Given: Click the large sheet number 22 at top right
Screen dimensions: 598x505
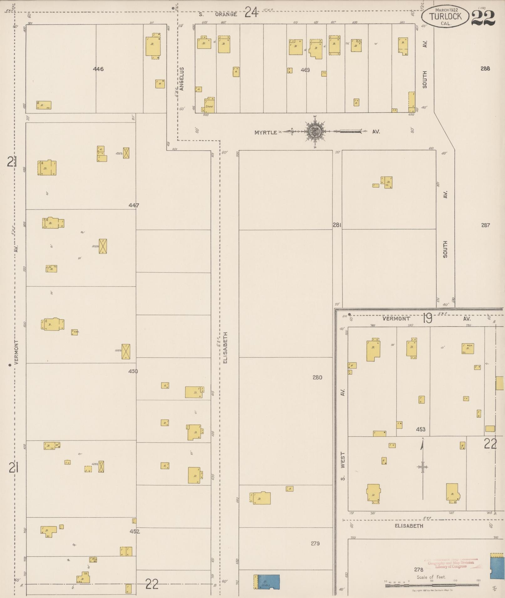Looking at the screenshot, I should coord(483,18).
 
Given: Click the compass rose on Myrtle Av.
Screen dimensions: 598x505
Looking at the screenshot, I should coord(315,132).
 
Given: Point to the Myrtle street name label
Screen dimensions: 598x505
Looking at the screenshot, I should coord(265,133).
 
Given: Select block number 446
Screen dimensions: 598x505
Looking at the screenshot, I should coord(98,69).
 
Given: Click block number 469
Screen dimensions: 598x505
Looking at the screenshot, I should coord(305,70).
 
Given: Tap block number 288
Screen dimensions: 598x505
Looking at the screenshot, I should coord(485,68).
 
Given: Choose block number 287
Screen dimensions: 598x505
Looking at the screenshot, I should coord(485,225).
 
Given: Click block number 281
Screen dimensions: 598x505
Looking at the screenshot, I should coord(337,225).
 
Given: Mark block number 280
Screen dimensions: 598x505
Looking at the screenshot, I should coord(317,377).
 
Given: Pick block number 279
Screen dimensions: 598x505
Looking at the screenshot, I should coord(315,543).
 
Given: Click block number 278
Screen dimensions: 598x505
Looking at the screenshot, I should coord(419,569).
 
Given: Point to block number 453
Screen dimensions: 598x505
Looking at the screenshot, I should coord(421,429).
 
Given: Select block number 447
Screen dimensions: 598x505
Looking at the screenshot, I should coord(134,205).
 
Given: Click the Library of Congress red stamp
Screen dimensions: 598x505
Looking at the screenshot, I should coord(451,564).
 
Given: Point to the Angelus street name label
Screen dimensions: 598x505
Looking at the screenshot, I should coord(182,79).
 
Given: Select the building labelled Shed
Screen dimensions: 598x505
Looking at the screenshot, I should coord(209,105).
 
